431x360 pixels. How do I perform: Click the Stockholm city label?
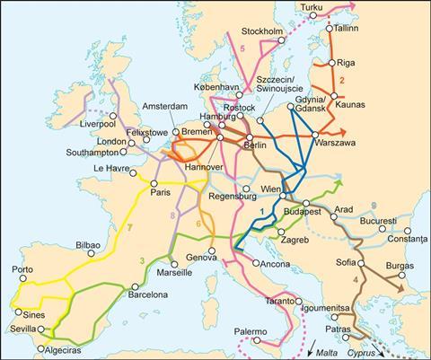point(263,31)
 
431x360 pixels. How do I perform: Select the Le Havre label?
point(111,167)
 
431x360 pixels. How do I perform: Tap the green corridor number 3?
point(142,259)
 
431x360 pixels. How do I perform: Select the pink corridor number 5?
point(242,48)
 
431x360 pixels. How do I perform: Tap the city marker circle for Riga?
point(333,63)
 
